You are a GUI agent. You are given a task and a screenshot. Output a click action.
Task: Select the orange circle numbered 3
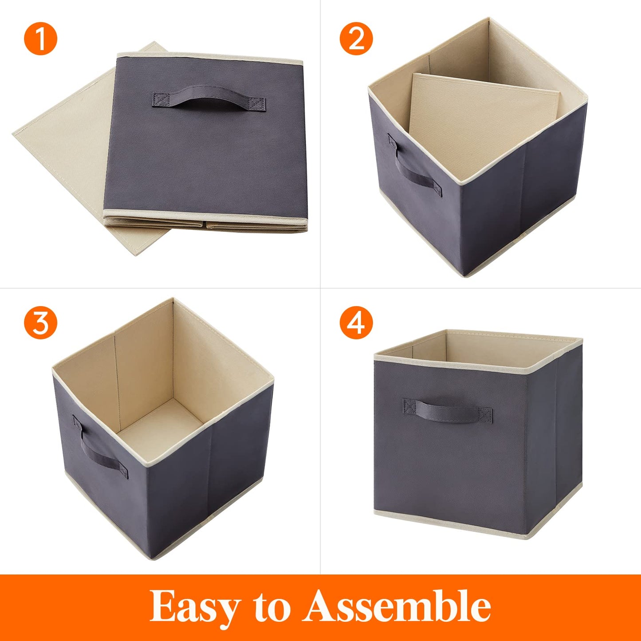[40, 322]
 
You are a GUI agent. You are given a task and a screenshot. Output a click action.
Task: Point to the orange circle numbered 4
[356, 322]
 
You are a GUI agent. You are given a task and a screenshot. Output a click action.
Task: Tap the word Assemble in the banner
[397, 606]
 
